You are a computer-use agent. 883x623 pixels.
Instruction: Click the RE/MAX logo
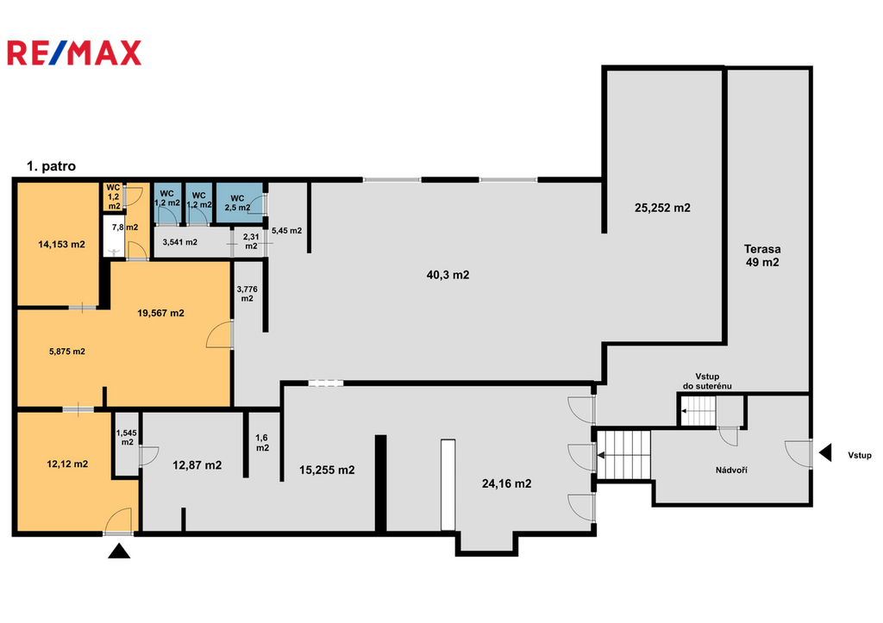[74, 53]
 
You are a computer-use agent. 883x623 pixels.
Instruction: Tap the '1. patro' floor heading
[51, 166]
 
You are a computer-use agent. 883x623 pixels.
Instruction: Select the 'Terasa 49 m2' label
[762, 256]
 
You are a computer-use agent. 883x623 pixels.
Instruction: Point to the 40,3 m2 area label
[448, 275]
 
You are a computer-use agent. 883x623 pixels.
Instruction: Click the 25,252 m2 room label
[662, 209]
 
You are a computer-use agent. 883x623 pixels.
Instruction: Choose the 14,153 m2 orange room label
[61, 244]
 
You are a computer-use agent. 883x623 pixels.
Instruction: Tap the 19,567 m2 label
[160, 313]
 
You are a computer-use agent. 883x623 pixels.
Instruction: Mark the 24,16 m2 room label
[506, 483]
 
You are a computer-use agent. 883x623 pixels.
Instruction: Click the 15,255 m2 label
[327, 470]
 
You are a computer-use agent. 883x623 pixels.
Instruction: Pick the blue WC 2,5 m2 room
[240, 203]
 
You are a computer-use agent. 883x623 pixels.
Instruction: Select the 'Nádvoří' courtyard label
[731, 470]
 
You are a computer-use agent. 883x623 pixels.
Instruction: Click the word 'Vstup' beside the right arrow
[860, 455]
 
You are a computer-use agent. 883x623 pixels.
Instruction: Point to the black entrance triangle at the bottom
[119, 551]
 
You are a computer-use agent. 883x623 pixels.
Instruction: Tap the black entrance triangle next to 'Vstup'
[825, 452]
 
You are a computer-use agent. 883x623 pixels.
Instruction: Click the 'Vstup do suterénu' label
[707, 381]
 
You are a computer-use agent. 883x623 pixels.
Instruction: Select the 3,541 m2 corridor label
[179, 242]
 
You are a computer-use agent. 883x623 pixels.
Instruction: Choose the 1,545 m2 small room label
[127, 437]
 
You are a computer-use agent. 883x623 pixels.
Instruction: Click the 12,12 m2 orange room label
[67, 464]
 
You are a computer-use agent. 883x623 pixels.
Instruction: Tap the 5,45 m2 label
[286, 231]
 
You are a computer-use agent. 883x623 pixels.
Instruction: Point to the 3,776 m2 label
[247, 294]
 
